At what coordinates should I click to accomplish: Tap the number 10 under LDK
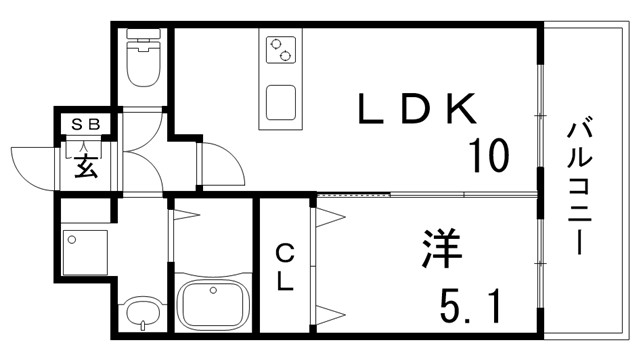(488, 156)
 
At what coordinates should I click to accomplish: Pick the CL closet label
(285, 266)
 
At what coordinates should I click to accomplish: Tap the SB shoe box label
(87, 125)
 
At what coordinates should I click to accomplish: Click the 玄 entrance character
(86, 166)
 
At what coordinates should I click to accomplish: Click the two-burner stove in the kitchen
(280, 48)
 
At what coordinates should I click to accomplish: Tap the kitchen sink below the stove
(281, 102)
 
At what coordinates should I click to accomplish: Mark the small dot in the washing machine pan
(72, 239)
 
